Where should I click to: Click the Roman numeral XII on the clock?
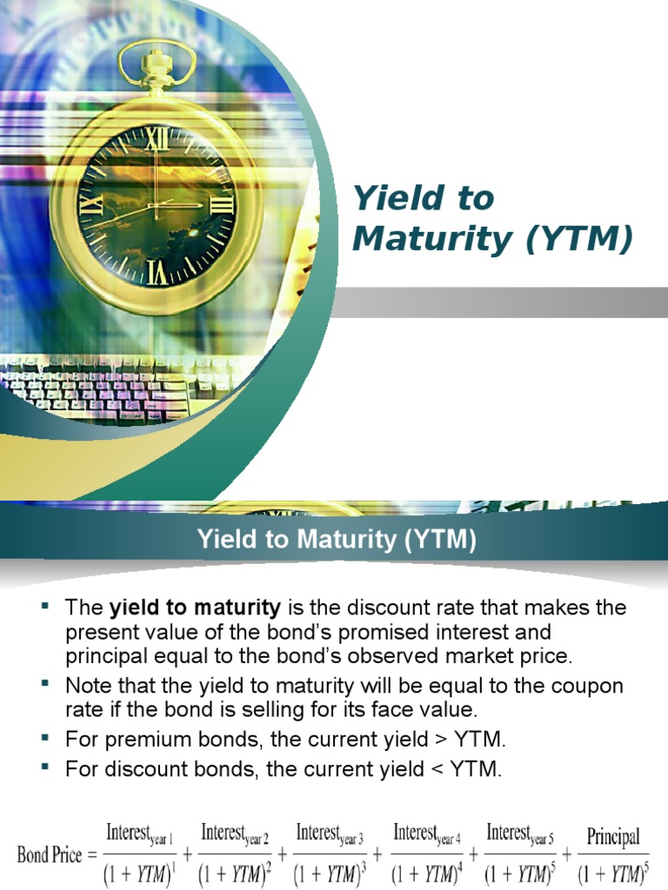(157, 137)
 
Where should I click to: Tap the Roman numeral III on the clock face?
(221, 205)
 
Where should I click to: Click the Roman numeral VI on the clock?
(157, 272)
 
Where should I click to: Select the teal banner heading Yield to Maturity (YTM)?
(337, 540)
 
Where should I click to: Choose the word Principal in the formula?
(613, 838)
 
